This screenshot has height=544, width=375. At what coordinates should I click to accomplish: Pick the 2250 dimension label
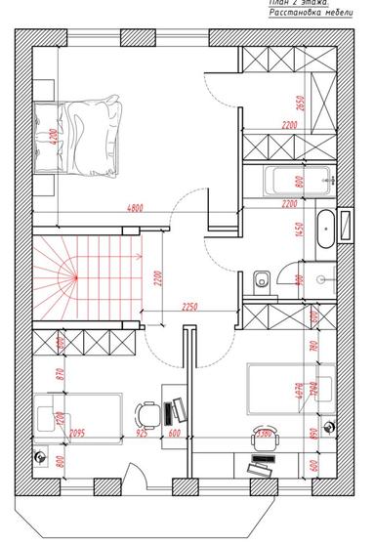(x=191, y=308)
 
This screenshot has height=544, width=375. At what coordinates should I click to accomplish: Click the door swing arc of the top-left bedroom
(x=186, y=204)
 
